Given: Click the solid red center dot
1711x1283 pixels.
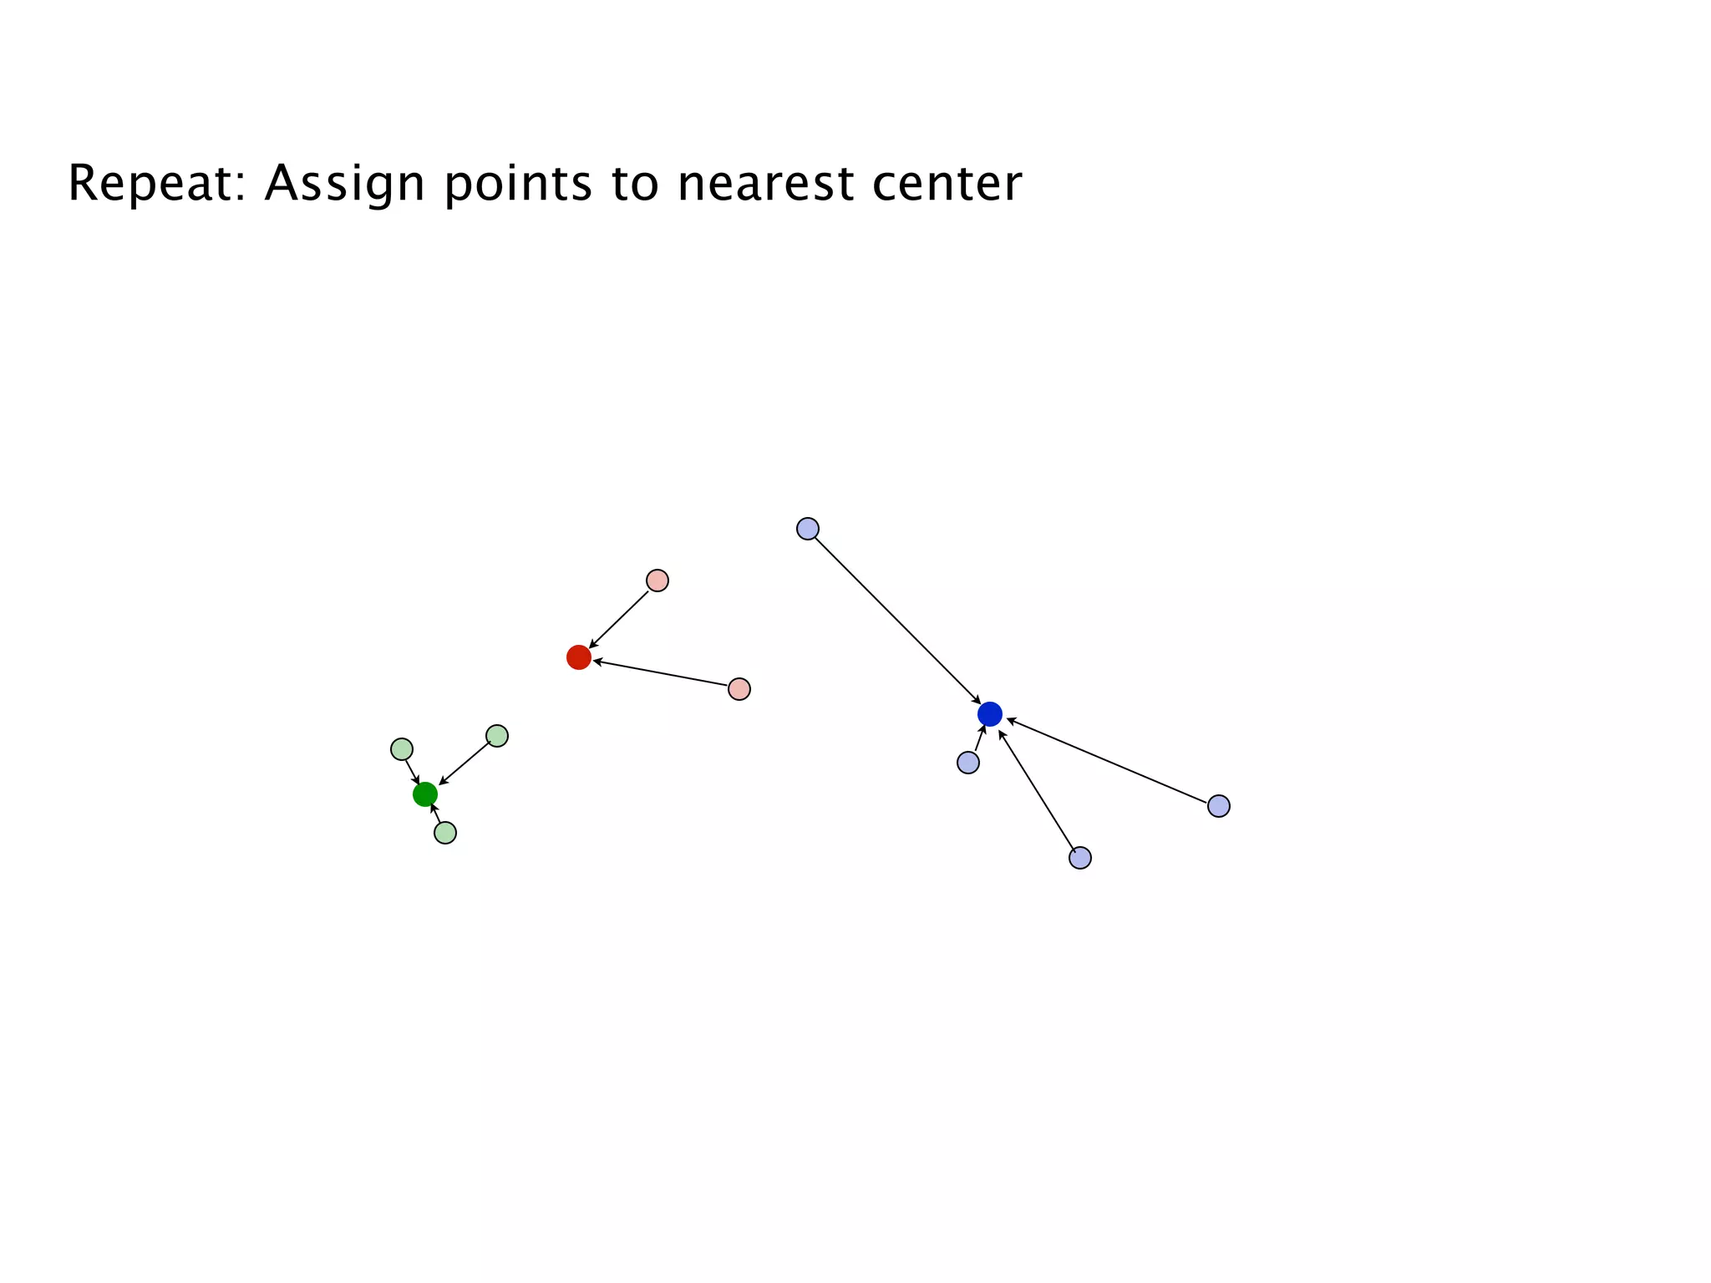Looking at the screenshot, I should point(579,657).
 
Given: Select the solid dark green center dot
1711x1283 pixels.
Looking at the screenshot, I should point(425,794).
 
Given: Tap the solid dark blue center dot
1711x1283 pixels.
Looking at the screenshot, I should point(990,714).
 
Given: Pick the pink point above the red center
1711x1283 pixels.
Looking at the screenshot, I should point(657,581).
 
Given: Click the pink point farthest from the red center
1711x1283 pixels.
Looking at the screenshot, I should point(739,689).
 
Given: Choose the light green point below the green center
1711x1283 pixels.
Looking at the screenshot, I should point(445,833).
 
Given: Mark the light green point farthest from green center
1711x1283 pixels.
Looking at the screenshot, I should point(497,736).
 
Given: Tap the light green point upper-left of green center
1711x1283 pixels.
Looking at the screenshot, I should point(402,749).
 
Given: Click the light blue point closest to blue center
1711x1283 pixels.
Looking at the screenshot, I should point(968,763).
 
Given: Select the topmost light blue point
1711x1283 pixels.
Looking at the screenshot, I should point(808,529).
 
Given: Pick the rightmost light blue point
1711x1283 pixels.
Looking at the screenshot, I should point(1219,806).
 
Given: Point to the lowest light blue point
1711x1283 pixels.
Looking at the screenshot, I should point(1080,858).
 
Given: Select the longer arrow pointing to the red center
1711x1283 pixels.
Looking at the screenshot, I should point(660,673).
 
